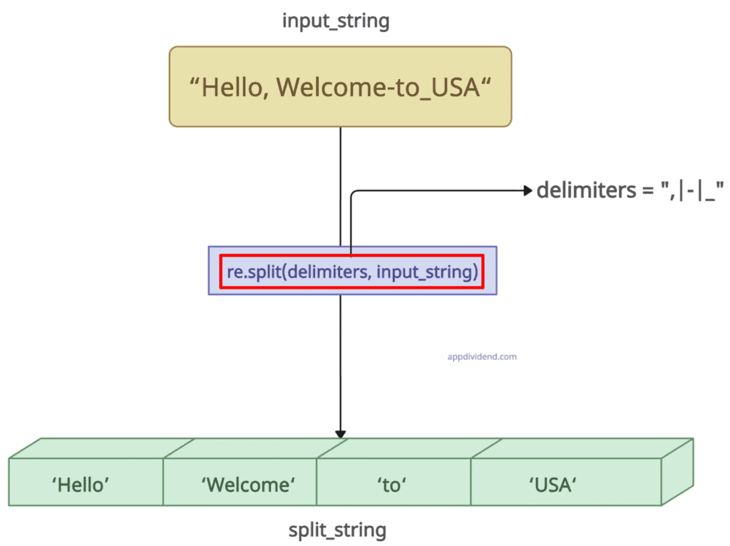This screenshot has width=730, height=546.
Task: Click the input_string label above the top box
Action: (336, 21)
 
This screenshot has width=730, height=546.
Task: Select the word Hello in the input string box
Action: (235, 87)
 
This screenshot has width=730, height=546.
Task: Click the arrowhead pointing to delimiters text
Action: (528, 190)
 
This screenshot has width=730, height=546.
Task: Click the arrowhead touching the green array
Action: (341, 433)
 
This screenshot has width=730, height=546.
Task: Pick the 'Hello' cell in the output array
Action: (80, 485)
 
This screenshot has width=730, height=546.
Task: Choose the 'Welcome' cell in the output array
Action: (247, 485)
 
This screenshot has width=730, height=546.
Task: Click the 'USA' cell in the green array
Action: (552, 485)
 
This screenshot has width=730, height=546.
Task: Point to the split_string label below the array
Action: (337, 530)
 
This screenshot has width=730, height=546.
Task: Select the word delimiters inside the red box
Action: (328, 272)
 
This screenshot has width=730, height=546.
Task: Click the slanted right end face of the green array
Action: (678, 470)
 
